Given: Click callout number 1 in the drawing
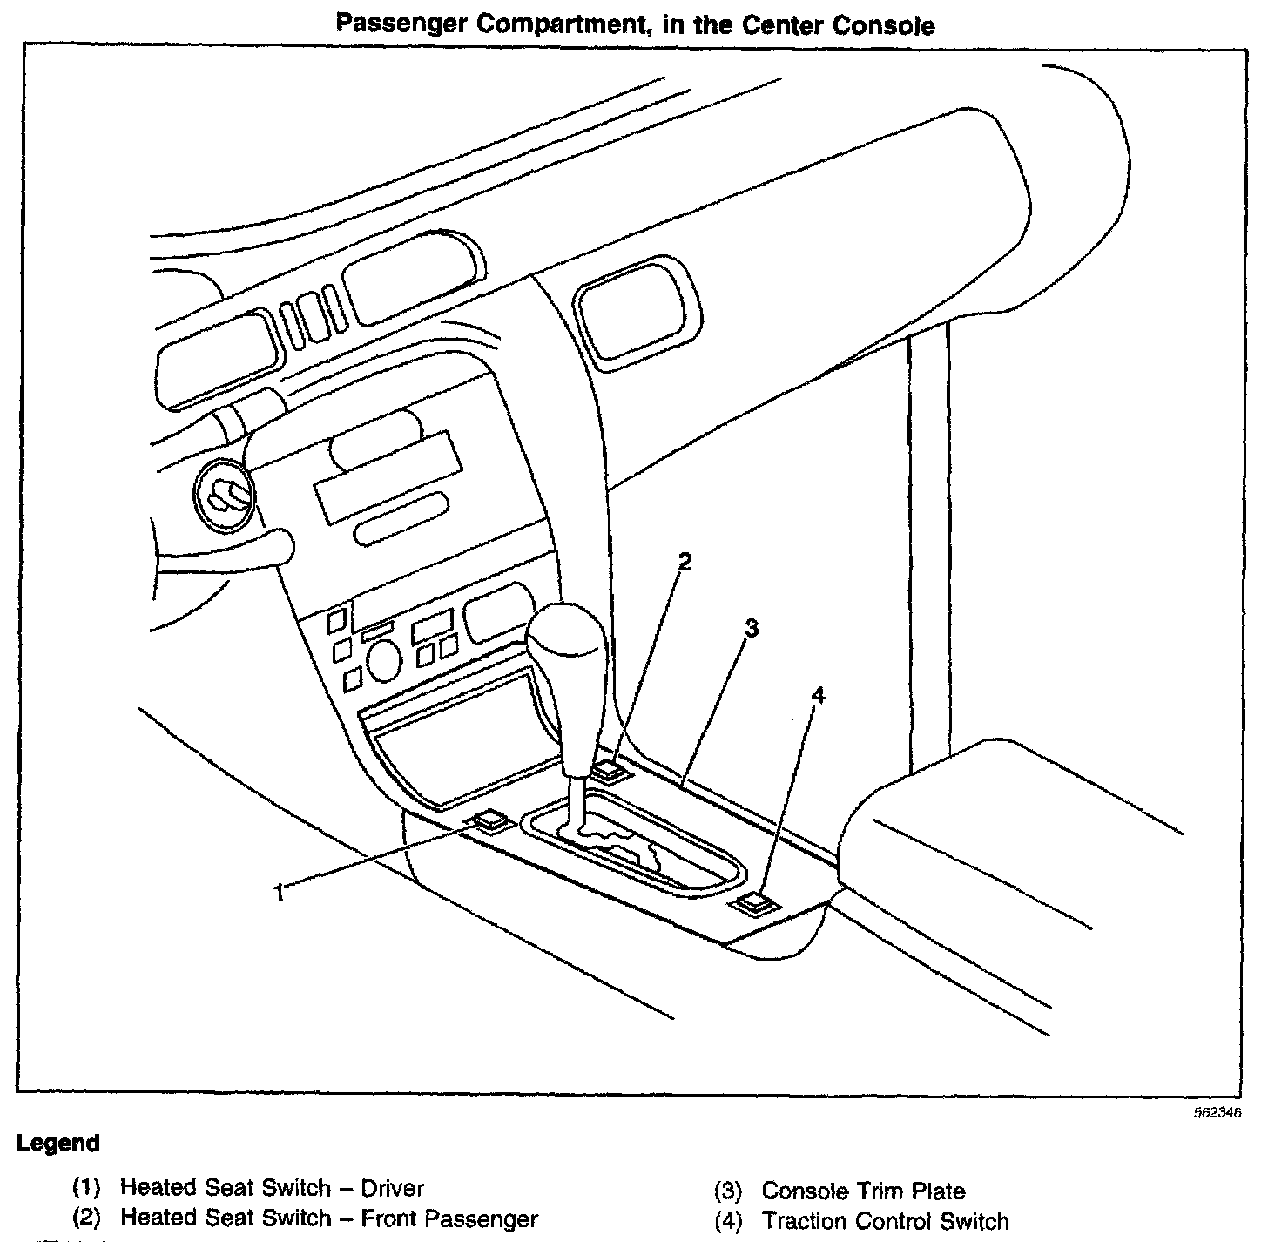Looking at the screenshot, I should point(279,893).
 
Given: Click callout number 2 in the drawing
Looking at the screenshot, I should point(685,562).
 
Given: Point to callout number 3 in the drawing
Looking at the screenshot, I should point(752,628).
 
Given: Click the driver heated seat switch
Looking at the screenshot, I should point(489,820).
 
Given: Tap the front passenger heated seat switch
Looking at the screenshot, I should point(611,770).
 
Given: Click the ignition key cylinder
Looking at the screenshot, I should point(225,496).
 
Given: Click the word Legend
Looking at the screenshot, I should point(58,1143).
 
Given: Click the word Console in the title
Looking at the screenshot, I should point(885,25).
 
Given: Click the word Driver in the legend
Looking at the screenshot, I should point(392,1188).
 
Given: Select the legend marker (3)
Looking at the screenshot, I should point(727,1191).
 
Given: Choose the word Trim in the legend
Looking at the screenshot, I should point(877,1191).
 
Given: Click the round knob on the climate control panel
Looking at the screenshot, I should point(384,661).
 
